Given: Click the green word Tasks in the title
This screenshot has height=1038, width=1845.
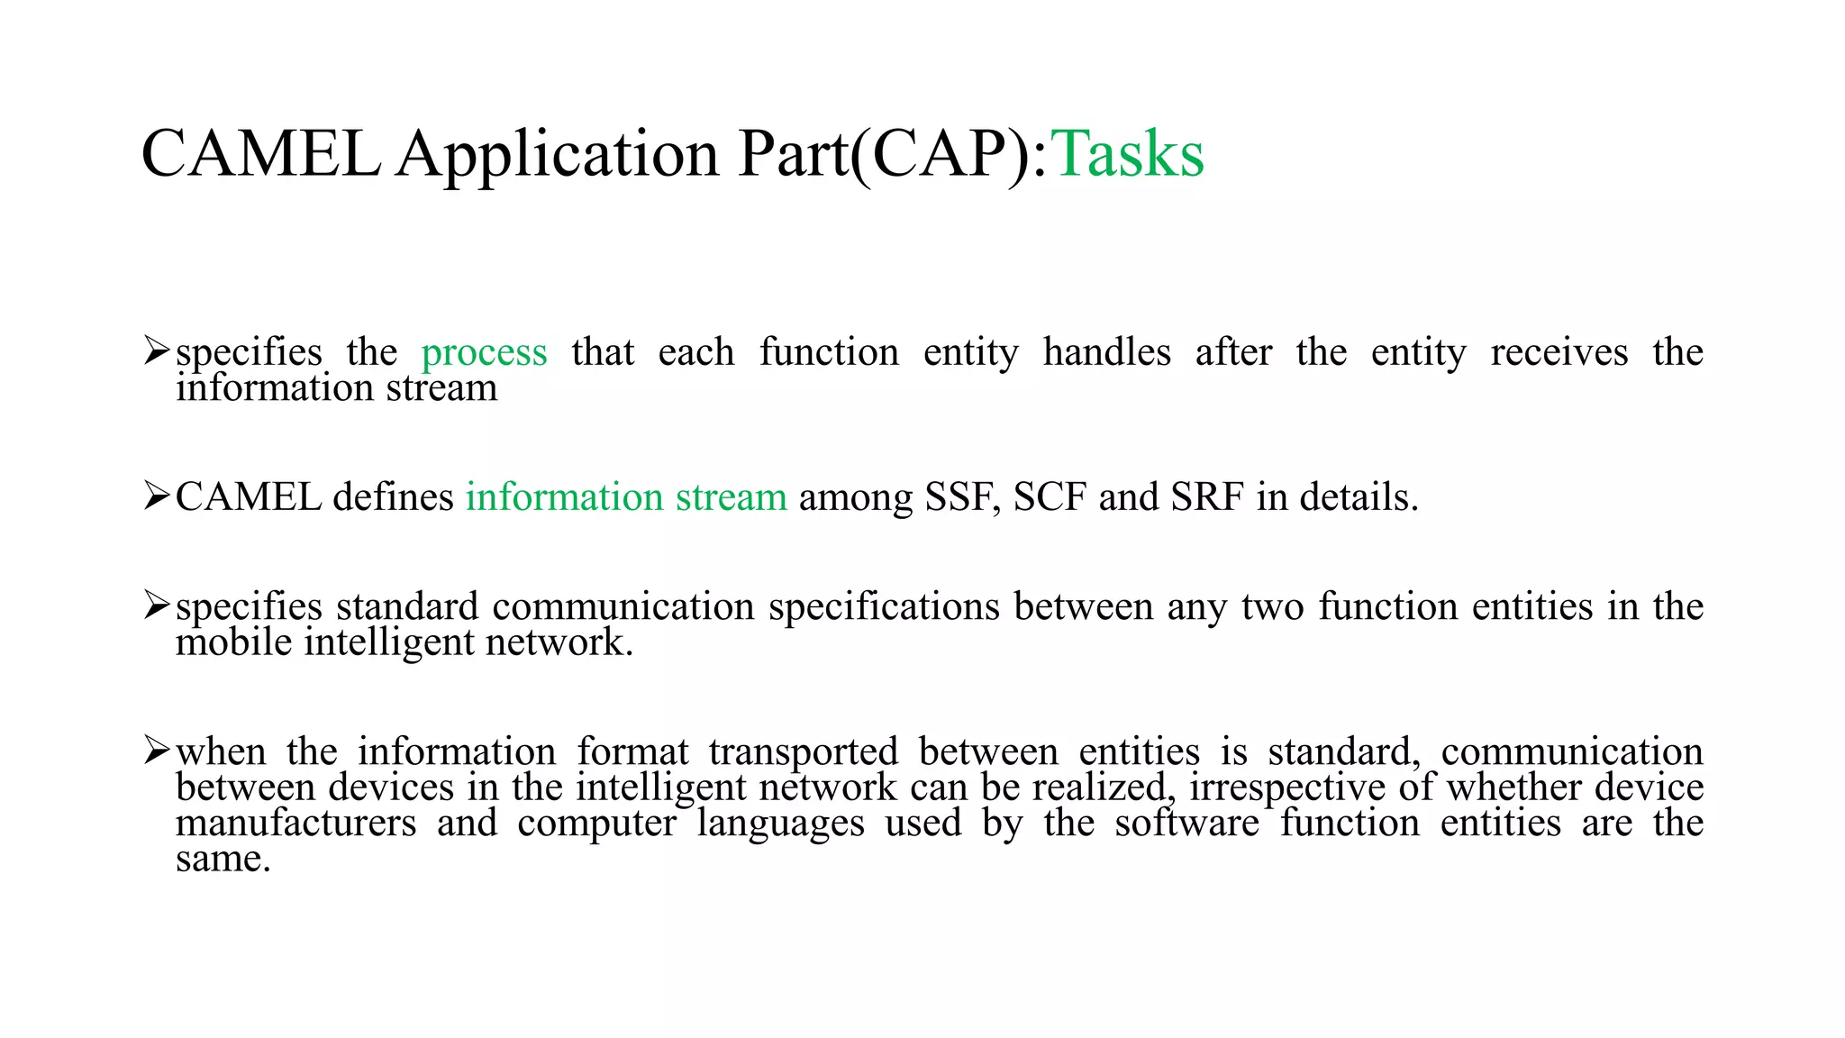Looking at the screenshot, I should tap(1127, 154).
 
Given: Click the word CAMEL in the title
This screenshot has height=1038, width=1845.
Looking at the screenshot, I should tap(260, 154).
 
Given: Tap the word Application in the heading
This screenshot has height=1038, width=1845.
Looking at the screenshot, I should tap(558, 154).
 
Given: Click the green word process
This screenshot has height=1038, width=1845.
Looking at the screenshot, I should tap(484, 352).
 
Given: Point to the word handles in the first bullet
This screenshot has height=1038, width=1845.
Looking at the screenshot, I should tap(1106, 352).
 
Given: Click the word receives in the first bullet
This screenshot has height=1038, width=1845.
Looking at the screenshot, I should tap(1559, 352).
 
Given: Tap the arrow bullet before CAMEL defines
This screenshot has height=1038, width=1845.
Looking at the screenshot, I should tap(156, 496).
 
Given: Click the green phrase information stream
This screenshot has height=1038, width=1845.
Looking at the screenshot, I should tap(626, 497).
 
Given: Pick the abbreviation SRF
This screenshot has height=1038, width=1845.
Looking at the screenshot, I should tap(1206, 497).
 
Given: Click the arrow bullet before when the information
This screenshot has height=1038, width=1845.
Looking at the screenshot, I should tap(156, 750).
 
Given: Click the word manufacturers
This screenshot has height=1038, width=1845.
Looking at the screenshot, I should tap(295, 824).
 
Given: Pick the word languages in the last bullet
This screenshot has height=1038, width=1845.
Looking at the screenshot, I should tap(780, 824).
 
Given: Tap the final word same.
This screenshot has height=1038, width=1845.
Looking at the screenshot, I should tap(223, 860).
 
